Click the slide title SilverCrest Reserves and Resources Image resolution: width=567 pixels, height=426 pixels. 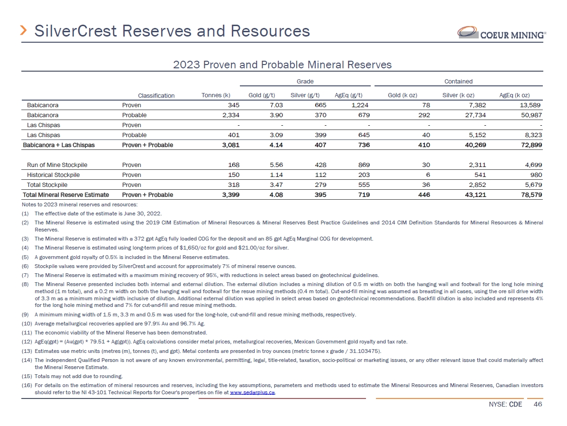point(172,31)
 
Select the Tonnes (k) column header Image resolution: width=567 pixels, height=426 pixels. point(216,95)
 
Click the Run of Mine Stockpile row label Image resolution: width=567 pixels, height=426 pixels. point(57,165)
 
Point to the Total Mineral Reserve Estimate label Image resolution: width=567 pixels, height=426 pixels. point(66,195)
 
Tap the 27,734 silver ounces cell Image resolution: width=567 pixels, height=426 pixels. point(474,115)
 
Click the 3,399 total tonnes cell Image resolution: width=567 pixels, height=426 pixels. point(229,195)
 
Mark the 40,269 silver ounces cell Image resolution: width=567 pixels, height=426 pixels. point(474,145)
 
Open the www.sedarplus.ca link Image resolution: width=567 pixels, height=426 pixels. point(252,393)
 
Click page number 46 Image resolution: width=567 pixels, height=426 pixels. point(538,405)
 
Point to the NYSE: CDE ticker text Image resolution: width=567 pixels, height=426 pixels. point(506,405)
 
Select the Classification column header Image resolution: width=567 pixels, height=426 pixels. point(156,95)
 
